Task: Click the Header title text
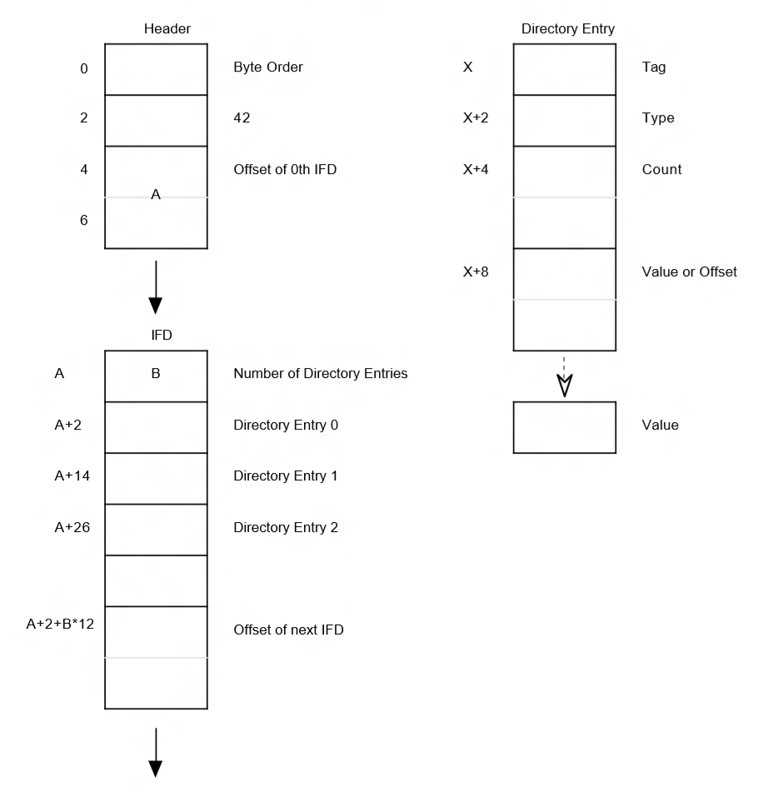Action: [x=167, y=29]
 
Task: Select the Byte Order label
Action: [x=267, y=67]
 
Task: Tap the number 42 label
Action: [x=242, y=119]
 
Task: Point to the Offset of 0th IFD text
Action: [x=285, y=170]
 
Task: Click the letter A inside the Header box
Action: [x=156, y=194]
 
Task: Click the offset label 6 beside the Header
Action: [x=83, y=221]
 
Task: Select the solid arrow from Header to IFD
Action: [x=156, y=286]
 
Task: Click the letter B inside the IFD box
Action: [x=156, y=374]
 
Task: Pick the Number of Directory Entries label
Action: [x=321, y=374]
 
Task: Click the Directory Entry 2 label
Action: [x=285, y=528]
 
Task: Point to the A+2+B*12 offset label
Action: [x=60, y=623]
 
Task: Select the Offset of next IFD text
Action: [x=288, y=629]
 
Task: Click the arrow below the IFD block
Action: [x=156, y=751]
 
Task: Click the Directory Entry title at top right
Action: [x=567, y=29]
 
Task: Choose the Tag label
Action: [x=654, y=67]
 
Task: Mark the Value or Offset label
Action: [x=683, y=272]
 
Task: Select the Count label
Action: [x=662, y=170]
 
